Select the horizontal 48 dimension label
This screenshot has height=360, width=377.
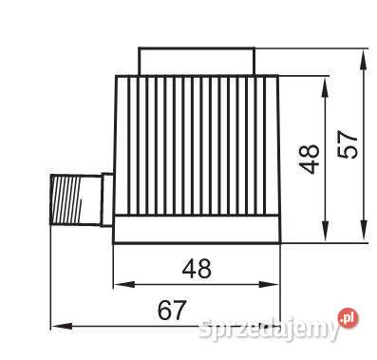click(197, 269)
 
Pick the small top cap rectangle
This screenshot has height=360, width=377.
click(197, 61)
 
